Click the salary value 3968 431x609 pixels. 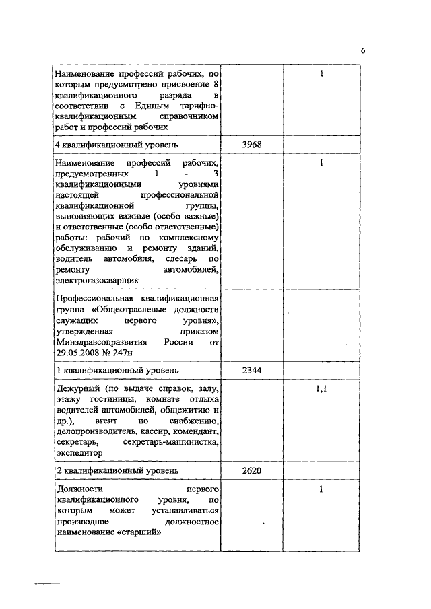pos(251,145)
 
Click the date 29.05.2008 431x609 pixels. pos(78,352)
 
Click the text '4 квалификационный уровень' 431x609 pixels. pos(111,145)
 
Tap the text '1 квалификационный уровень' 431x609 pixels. pos(111,371)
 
